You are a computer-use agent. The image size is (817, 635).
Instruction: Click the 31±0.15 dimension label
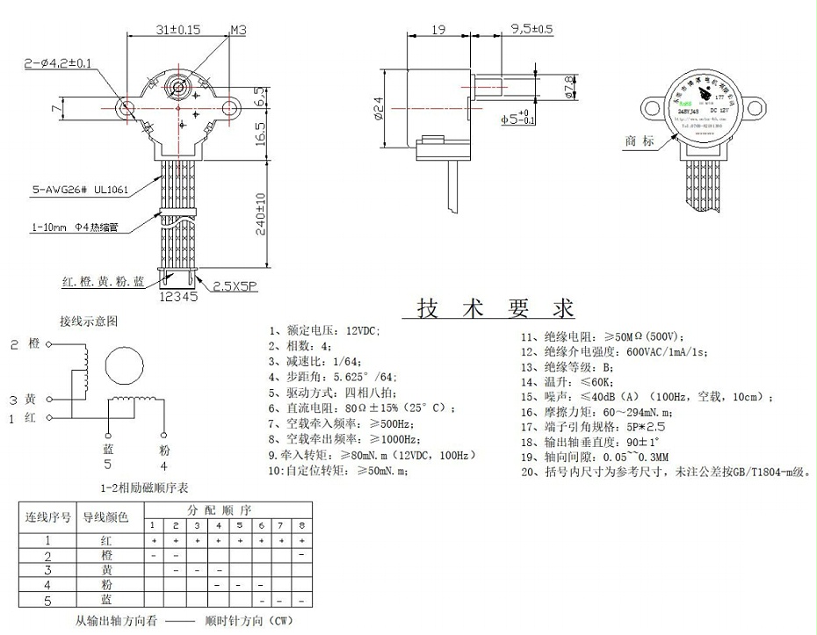coord(178,29)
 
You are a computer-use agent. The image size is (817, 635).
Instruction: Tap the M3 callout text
coord(237,29)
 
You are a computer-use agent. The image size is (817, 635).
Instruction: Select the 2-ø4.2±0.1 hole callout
coord(58,62)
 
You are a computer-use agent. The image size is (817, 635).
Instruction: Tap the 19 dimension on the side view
coord(438,29)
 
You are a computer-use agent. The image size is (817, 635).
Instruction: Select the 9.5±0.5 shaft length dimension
coord(531,29)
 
